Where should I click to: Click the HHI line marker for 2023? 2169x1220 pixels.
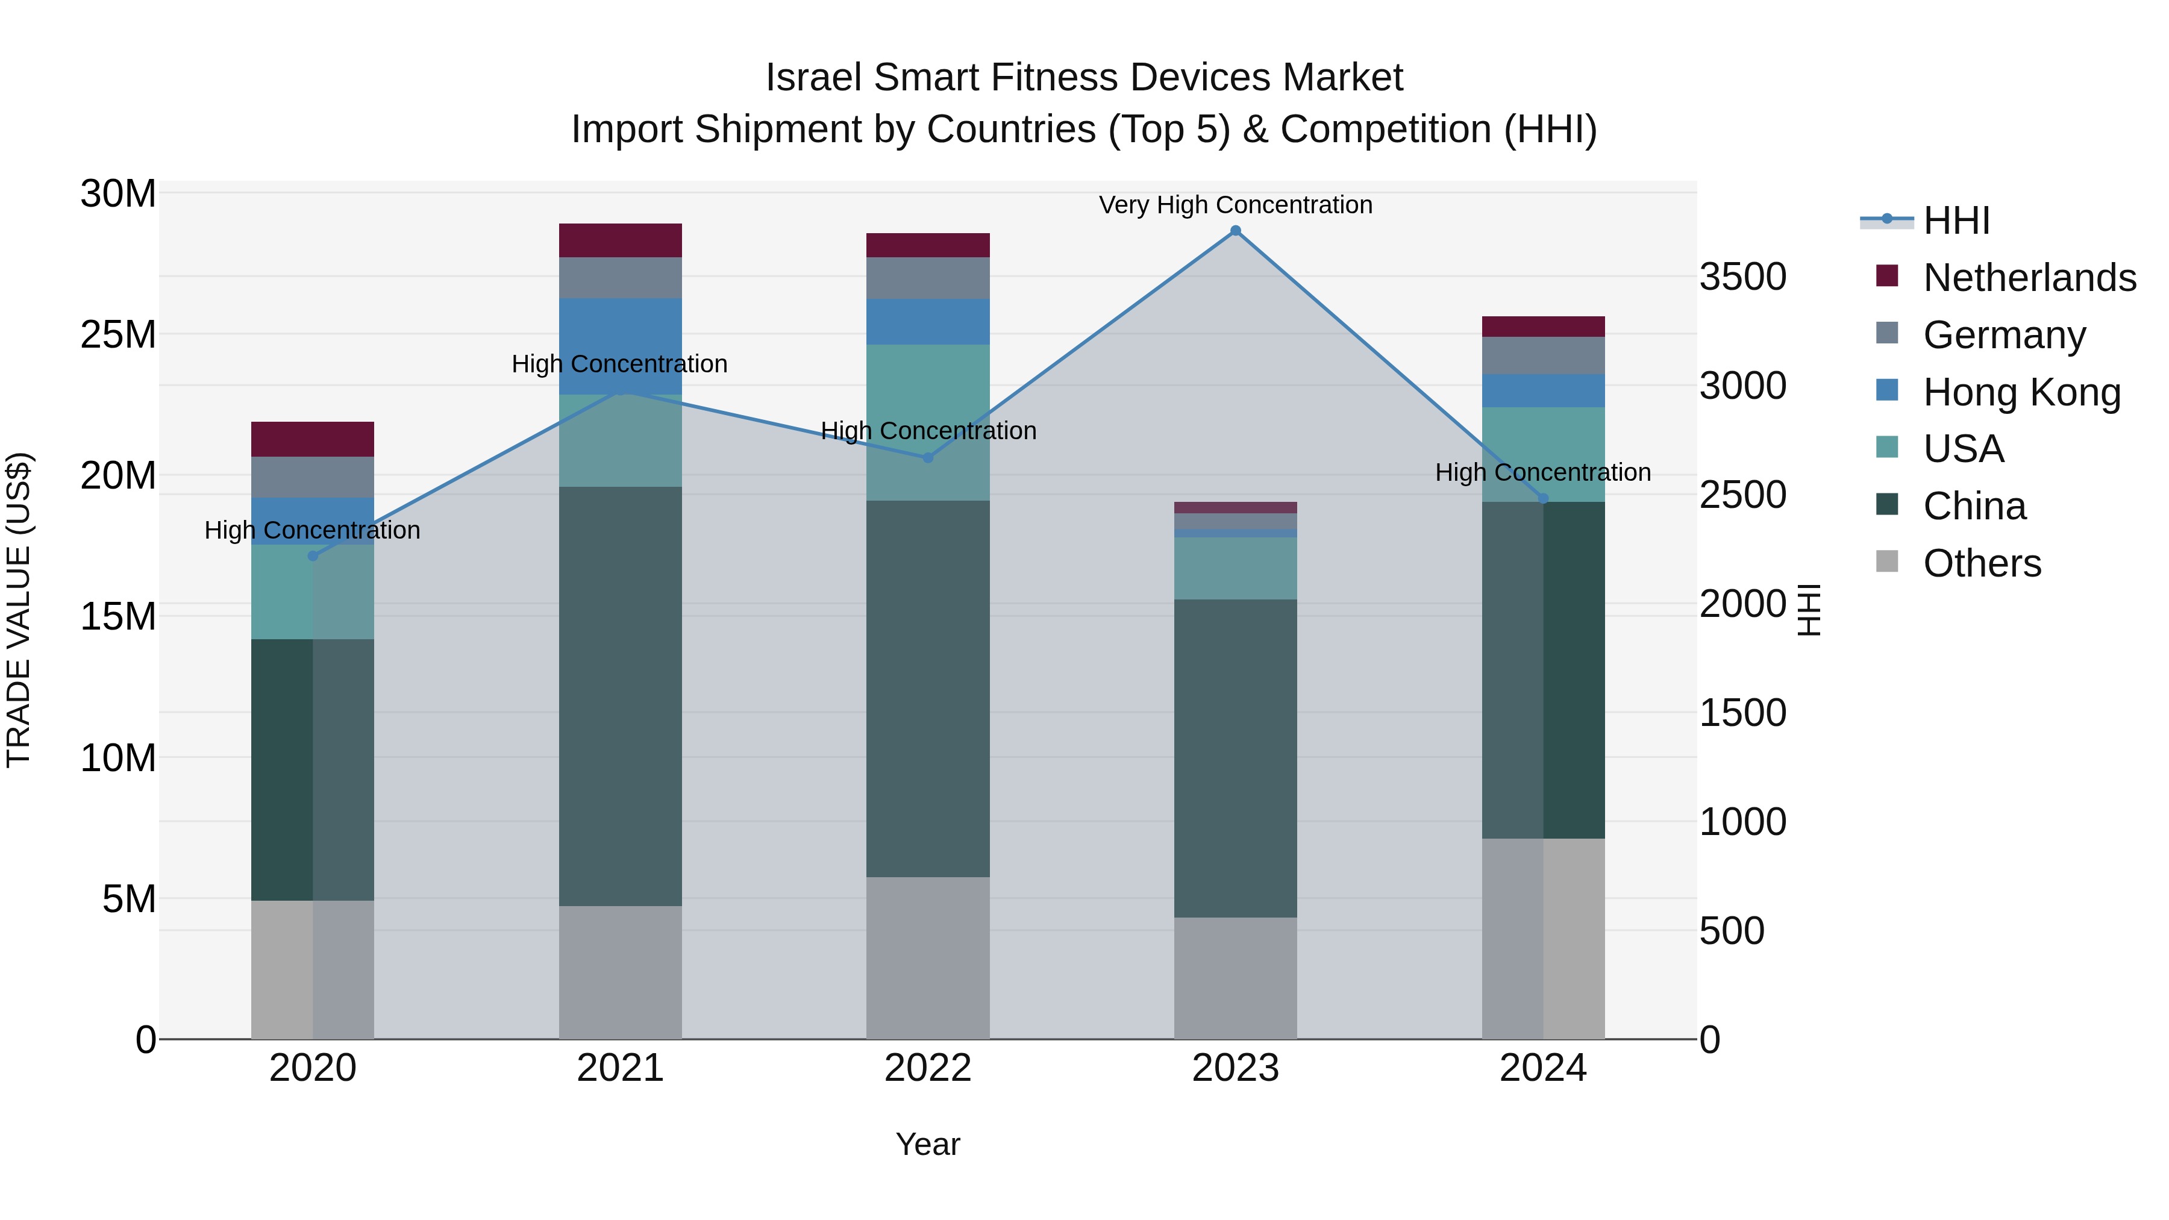coord(1235,231)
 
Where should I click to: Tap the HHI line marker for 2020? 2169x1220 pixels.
coord(312,555)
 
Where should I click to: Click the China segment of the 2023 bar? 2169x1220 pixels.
coord(1235,758)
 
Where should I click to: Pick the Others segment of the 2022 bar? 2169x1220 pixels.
coord(928,957)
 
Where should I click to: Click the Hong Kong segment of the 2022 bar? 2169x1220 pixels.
coord(928,322)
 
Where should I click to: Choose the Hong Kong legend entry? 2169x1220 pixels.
coord(2021,392)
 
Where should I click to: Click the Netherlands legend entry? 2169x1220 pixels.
coord(2029,278)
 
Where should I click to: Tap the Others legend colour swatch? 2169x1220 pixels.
coord(1887,562)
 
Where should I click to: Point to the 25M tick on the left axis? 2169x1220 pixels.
coord(118,335)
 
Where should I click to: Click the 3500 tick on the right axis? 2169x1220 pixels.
coord(1742,277)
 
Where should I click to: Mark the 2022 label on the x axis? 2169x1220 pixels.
coord(928,1068)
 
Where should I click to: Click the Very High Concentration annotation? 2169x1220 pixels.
coord(1235,205)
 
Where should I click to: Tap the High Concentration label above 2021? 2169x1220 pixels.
coord(620,364)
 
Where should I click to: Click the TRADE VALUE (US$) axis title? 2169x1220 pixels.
coord(19,610)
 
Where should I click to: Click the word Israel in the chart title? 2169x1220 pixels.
coord(813,78)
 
